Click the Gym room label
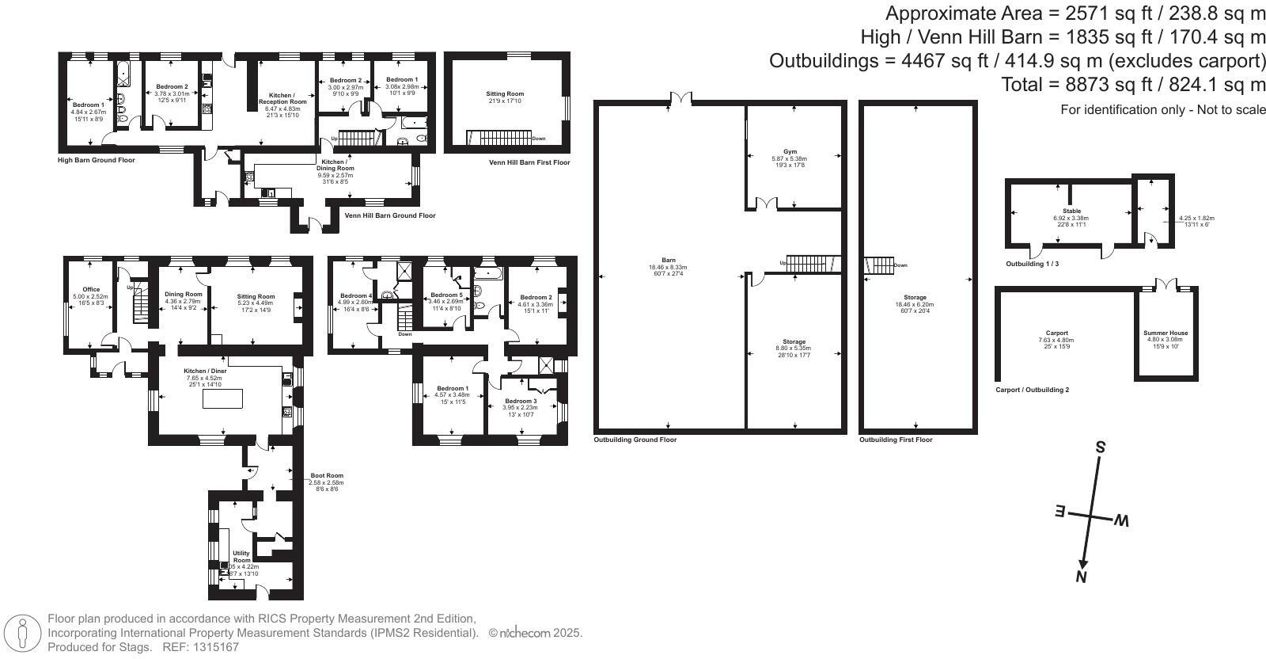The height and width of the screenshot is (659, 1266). coord(790,151)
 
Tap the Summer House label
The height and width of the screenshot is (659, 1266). coord(1165,333)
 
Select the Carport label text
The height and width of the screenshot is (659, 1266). coord(1056,333)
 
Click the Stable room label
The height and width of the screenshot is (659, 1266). coord(1071,211)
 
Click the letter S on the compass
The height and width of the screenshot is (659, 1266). coord(1100,448)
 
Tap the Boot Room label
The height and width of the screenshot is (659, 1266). coord(326,476)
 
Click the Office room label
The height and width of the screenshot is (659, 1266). coord(91,289)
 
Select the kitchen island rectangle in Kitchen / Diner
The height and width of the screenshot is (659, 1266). coord(222,399)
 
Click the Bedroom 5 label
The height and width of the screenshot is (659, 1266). coord(446,295)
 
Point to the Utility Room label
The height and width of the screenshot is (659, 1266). coord(241,557)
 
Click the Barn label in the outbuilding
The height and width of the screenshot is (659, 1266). coord(669,260)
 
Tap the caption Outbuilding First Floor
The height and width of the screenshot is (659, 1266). coord(896,440)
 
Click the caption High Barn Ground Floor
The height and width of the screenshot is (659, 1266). coord(96,160)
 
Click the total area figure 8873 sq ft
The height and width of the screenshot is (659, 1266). coord(1075,84)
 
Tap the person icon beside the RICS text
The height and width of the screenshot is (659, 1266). coord(23,633)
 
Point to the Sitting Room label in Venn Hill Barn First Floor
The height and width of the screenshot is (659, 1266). coord(505,94)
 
